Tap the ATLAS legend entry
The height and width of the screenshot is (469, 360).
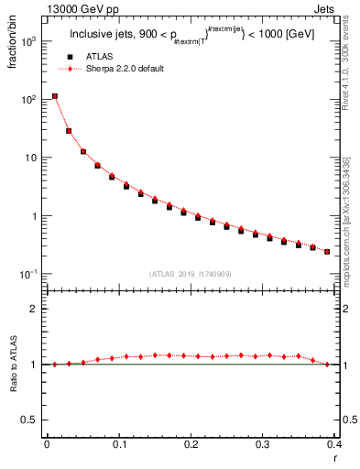coord(101,57)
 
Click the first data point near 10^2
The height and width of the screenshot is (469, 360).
coord(55,96)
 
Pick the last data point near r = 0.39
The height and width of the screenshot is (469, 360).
coord(327,251)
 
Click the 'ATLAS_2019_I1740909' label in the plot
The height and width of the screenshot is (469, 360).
coord(190,274)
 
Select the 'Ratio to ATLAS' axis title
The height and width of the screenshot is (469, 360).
coord(14,364)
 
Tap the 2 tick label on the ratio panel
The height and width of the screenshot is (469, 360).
coord(35,309)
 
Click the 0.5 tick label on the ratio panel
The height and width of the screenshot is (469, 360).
coord(30,420)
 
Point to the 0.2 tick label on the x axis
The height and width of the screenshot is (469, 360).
coord(191,443)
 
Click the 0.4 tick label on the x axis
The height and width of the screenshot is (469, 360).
coord(333,443)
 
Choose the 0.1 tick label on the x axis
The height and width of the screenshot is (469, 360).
coord(118,443)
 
